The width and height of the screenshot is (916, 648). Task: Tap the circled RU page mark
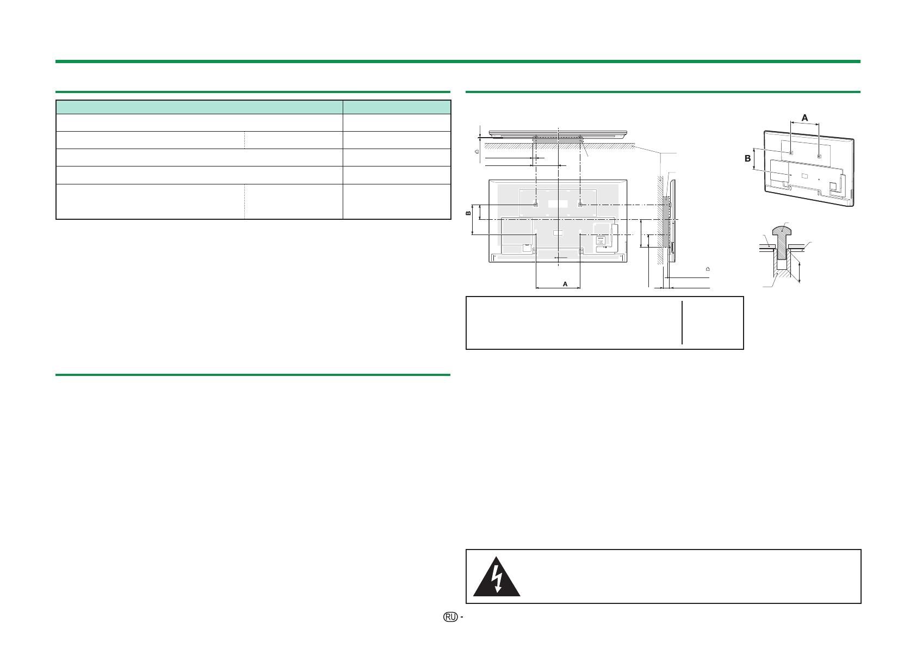pos(450,617)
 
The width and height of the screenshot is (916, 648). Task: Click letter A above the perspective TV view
pos(805,118)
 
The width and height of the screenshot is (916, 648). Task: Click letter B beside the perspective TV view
pos(747,158)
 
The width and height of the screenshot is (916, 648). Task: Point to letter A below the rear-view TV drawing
pos(565,284)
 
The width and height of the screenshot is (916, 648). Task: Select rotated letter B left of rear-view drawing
pos(469,213)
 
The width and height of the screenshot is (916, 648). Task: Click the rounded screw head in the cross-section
pos(782,231)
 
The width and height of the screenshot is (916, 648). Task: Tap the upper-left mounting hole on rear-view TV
pos(536,204)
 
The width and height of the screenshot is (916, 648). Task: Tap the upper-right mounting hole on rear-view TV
pos(580,204)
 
